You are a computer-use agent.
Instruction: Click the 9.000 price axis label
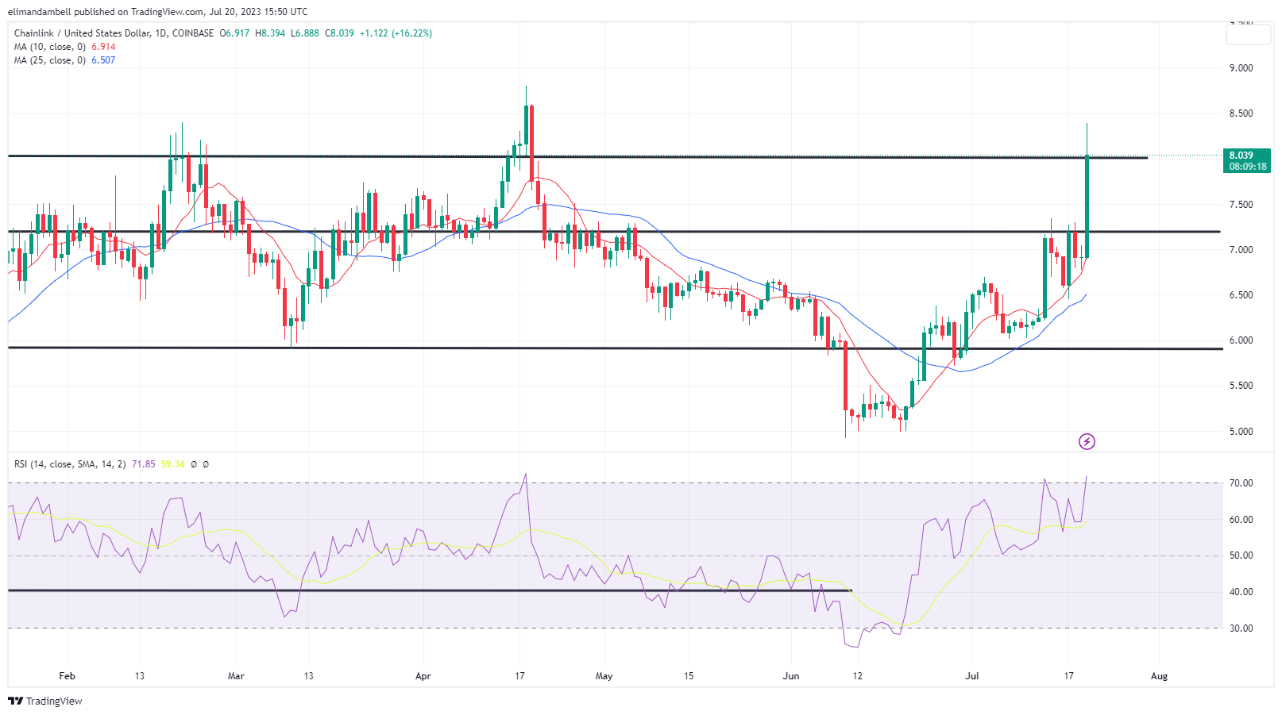pos(1241,68)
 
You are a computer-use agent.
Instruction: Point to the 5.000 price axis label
pos(1241,432)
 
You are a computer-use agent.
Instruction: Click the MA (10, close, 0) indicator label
pos(49,47)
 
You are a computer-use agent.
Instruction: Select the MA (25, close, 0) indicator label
pos(49,60)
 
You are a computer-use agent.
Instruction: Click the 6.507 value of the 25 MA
pos(103,60)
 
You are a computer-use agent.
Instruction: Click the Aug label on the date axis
pos(1159,676)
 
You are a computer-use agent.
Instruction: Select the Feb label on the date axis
pos(67,676)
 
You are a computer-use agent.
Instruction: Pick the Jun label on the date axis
pos(790,676)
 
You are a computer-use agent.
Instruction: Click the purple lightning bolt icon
pos(1087,441)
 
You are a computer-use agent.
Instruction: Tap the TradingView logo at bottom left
pos(45,702)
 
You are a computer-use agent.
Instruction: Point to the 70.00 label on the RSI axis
pos(1241,483)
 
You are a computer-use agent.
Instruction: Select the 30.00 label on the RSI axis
pos(1241,629)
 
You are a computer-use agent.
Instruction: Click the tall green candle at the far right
pos(1087,206)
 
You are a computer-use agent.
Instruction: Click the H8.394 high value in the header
pos(270,33)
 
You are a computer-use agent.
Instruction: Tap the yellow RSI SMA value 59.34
pos(172,464)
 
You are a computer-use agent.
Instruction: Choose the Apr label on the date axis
pos(423,676)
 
